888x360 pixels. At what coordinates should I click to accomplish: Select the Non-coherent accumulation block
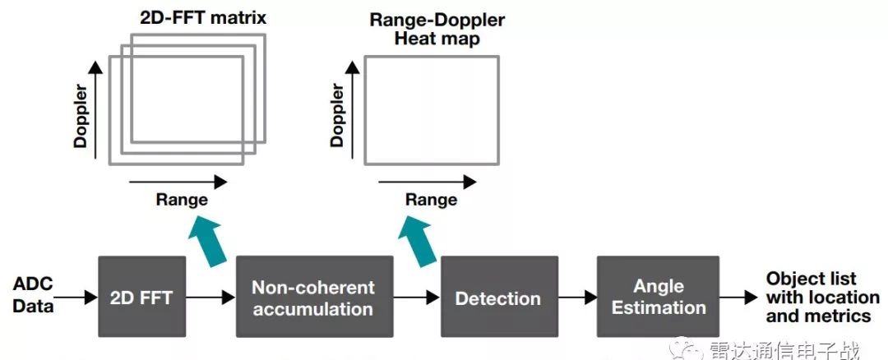point(312,297)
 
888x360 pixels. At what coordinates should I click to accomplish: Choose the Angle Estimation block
point(659,297)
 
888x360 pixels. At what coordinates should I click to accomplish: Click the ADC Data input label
point(33,295)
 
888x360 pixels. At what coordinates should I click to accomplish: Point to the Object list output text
point(822,297)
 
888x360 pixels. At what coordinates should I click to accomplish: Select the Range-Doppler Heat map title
point(437,29)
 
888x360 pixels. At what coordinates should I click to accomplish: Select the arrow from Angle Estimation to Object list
point(739,298)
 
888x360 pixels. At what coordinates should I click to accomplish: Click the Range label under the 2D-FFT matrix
point(182,199)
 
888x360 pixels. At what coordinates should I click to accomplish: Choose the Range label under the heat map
point(431,199)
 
